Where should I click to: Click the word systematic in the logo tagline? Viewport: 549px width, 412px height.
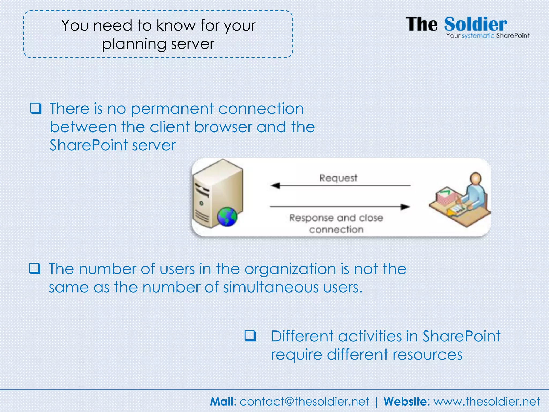[478, 36]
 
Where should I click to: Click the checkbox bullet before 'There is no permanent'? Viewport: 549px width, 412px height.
[36, 108]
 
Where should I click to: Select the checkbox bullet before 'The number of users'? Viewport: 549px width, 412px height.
[35, 268]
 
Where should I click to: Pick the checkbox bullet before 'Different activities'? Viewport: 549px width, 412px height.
[250, 336]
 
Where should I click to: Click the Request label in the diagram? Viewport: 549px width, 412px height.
[338, 178]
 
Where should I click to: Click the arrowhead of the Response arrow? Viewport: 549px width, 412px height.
[405, 207]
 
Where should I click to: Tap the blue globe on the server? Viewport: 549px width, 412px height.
[227, 217]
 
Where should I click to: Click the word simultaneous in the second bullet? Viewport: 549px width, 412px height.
[271, 287]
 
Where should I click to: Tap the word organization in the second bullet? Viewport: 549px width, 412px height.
[290, 269]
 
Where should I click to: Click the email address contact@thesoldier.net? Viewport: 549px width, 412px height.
[304, 402]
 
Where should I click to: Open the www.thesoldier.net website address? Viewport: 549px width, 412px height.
[487, 402]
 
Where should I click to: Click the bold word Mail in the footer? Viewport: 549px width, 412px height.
[221, 402]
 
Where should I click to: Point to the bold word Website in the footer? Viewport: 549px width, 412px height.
[405, 402]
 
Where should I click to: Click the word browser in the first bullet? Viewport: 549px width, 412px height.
[223, 127]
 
